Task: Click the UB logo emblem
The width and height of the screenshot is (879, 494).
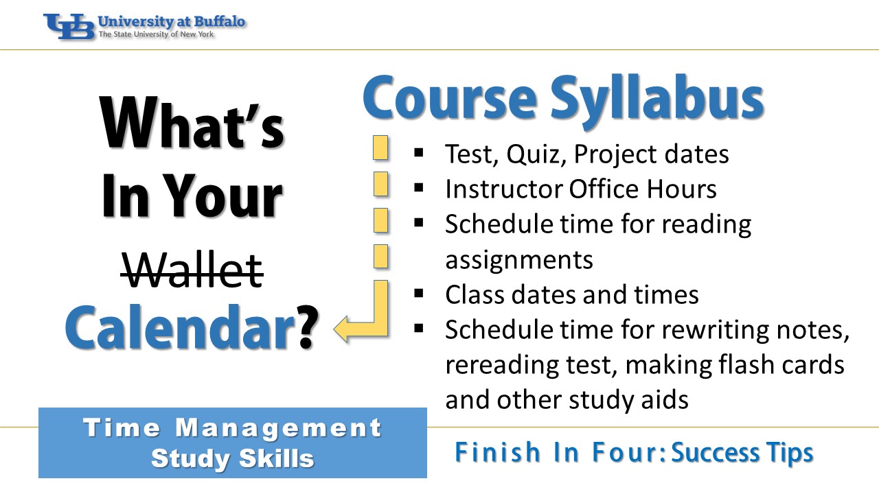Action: click(x=69, y=26)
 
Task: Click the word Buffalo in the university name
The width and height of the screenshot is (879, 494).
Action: click(x=219, y=21)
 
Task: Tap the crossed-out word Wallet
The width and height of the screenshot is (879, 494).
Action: click(x=192, y=270)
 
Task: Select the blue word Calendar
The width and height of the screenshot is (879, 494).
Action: click(x=179, y=327)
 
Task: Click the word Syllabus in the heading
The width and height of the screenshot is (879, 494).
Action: click(x=657, y=100)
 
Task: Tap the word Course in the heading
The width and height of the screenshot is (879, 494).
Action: click(x=449, y=97)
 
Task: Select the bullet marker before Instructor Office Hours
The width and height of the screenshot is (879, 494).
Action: click(x=419, y=188)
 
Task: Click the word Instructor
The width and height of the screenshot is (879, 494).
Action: click(x=503, y=189)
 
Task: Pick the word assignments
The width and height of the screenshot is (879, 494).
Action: click(x=518, y=260)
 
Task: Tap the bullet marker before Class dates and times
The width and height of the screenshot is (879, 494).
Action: click(x=419, y=293)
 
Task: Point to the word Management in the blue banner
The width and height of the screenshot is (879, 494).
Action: click(x=278, y=428)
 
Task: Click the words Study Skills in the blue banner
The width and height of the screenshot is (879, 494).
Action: click(x=233, y=458)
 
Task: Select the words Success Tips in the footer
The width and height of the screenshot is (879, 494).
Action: click(x=742, y=453)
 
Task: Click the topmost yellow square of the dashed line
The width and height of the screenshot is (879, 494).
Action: click(x=380, y=148)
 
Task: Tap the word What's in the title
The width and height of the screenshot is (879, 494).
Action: click(x=192, y=123)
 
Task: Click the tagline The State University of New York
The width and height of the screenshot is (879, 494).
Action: click(x=156, y=34)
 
